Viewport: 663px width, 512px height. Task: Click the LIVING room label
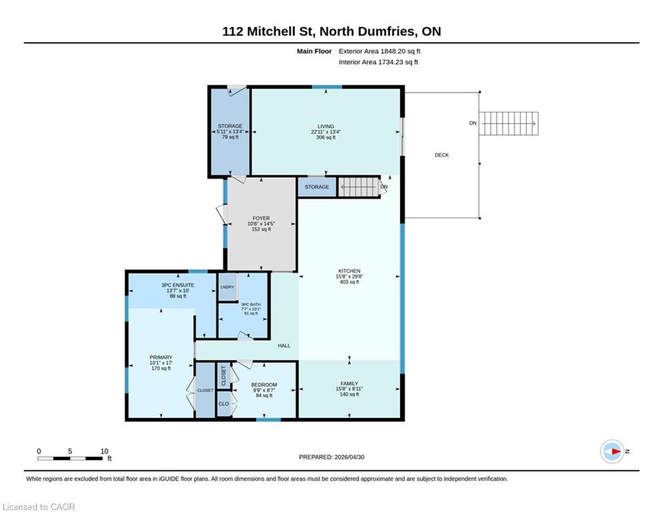pos(326,126)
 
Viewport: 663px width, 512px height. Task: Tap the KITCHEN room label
pos(349,271)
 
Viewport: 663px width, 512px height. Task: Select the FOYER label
pos(261,219)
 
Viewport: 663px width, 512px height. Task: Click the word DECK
pos(441,155)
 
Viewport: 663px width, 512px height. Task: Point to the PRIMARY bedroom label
pos(161,357)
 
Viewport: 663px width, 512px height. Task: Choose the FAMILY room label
pos(349,383)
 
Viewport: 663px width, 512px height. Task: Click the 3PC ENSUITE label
pos(178,285)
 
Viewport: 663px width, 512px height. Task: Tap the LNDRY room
pos(227,287)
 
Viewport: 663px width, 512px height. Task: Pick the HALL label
pos(284,346)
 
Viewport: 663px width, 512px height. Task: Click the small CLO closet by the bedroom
pos(224,404)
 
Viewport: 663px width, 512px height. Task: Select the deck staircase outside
pos(508,123)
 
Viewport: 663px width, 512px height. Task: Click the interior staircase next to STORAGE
pos(359,187)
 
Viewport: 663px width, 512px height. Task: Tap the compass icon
pos(612,451)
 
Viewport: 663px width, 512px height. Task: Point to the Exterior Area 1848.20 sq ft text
pos(379,51)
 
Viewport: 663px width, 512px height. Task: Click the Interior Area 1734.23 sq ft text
pos(378,62)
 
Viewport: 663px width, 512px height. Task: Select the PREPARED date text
pos(332,457)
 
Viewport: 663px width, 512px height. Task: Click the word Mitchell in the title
pos(279,31)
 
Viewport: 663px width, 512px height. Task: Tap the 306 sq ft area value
pos(326,137)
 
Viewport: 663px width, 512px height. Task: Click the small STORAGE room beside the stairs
pos(317,187)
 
